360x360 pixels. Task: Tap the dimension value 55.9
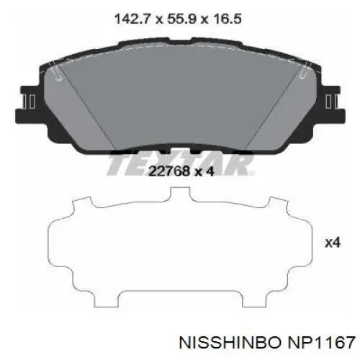182,19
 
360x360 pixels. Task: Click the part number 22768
168,171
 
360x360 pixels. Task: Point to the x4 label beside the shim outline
333,243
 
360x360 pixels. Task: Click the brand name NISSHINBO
230,342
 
